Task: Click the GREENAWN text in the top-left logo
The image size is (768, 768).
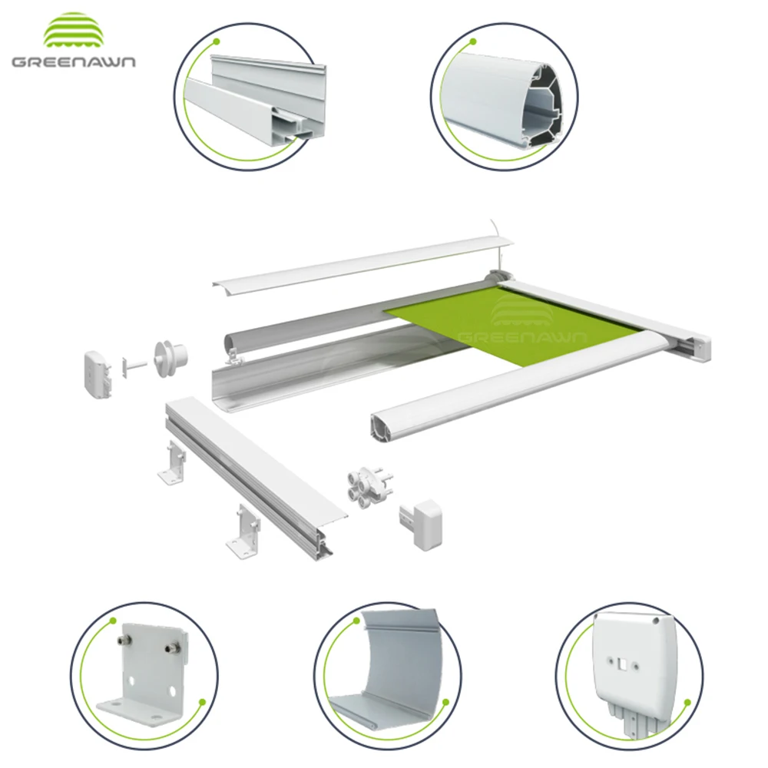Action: (73, 61)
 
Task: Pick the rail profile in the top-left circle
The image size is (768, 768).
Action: (253, 100)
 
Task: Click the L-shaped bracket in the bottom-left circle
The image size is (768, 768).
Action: (142, 676)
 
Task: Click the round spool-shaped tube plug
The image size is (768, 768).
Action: (171, 357)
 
